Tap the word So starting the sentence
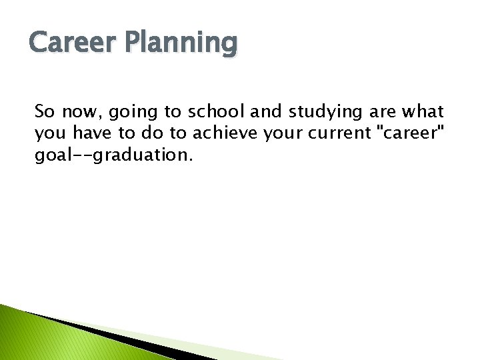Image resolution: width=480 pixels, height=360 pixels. tap(45, 111)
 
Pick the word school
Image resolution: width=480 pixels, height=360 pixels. tap(217, 111)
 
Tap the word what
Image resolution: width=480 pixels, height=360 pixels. tap(423, 111)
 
